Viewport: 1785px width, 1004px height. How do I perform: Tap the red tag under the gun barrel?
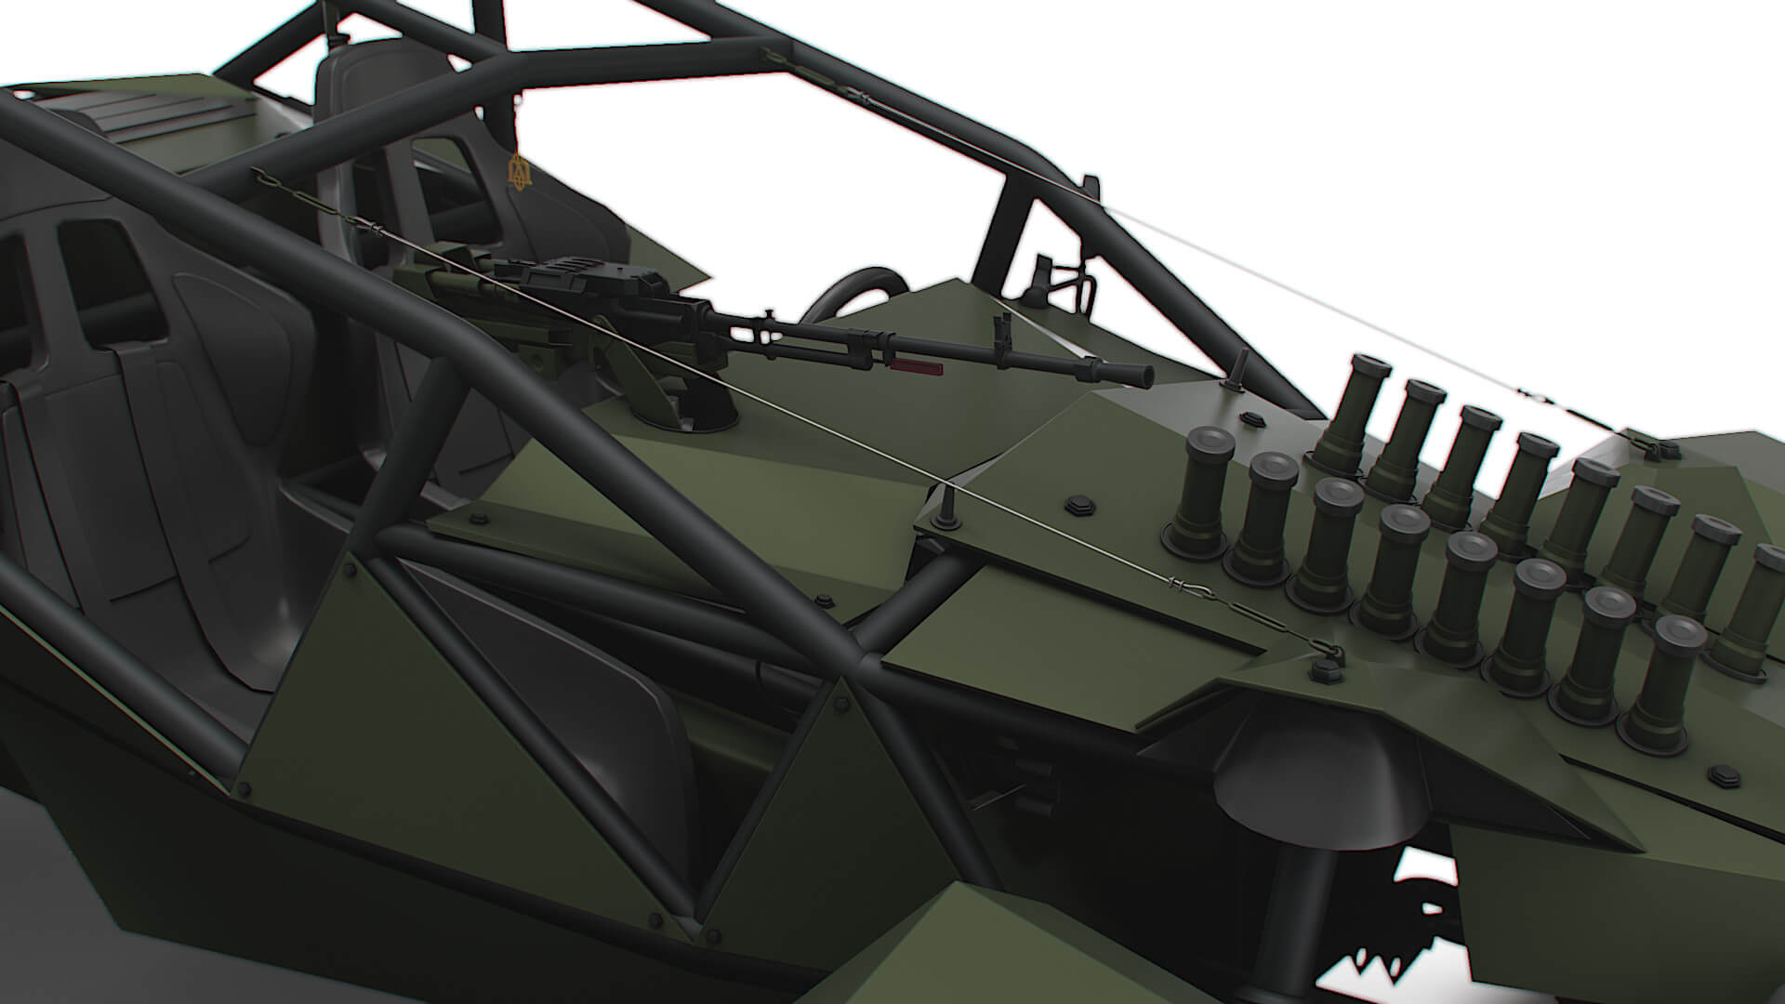pos(916,367)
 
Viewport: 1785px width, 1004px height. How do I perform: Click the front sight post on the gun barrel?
pos(1001,326)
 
